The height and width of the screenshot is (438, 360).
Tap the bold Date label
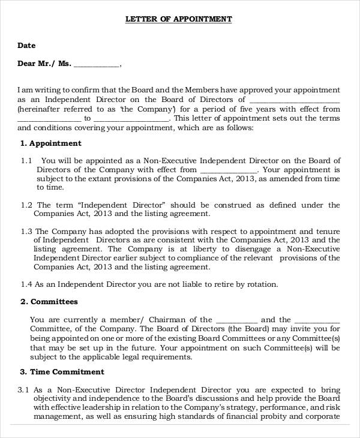point(26,46)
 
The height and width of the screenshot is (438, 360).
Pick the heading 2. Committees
point(49,302)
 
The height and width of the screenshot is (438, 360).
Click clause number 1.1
point(26,161)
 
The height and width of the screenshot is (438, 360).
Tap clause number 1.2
point(26,205)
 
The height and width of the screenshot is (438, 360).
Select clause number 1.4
point(26,284)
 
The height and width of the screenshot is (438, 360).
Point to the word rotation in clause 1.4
point(262,284)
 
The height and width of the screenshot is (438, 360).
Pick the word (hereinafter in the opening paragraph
point(40,109)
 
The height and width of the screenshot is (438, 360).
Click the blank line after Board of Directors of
point(294,100)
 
